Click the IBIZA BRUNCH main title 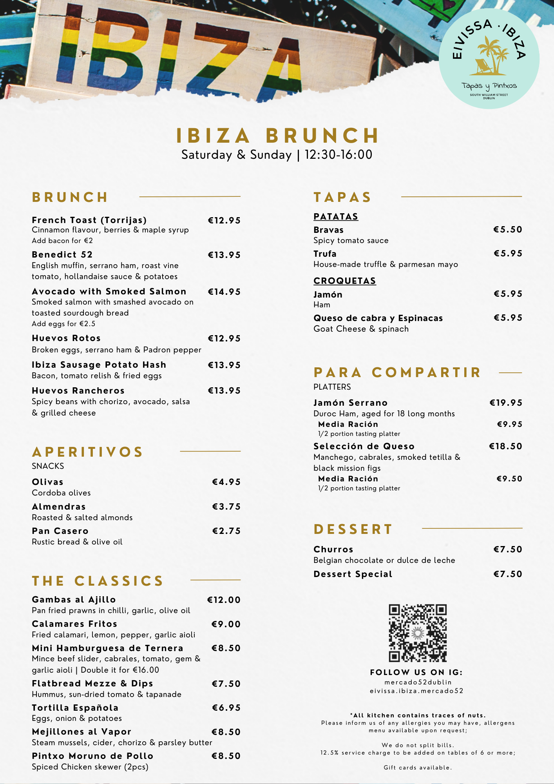277,136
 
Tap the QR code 418,633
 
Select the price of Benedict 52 224,255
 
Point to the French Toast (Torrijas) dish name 89,220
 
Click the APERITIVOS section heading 88,452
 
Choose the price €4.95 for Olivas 226,482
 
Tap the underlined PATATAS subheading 336,217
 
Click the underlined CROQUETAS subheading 345,281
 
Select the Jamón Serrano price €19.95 506,403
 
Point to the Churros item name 333,550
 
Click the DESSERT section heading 353,530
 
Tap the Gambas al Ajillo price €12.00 224,600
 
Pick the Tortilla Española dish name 75,708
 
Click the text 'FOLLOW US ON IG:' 416,673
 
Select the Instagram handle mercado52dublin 418,682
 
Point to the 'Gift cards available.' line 418,768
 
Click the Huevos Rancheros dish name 78,391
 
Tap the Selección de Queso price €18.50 505,446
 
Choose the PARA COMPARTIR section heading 397,373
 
